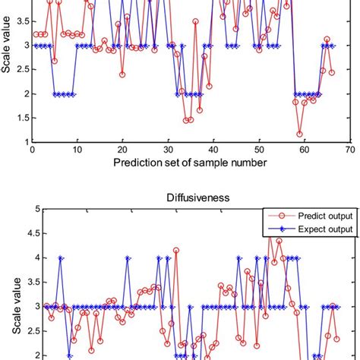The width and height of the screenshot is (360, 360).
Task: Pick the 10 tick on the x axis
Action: pos(77,150)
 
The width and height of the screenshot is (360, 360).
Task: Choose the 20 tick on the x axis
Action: pos(122,150)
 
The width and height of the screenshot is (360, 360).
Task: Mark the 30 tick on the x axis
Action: pos(168,150)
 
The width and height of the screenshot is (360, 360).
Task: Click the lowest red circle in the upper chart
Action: pos(300,134)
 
